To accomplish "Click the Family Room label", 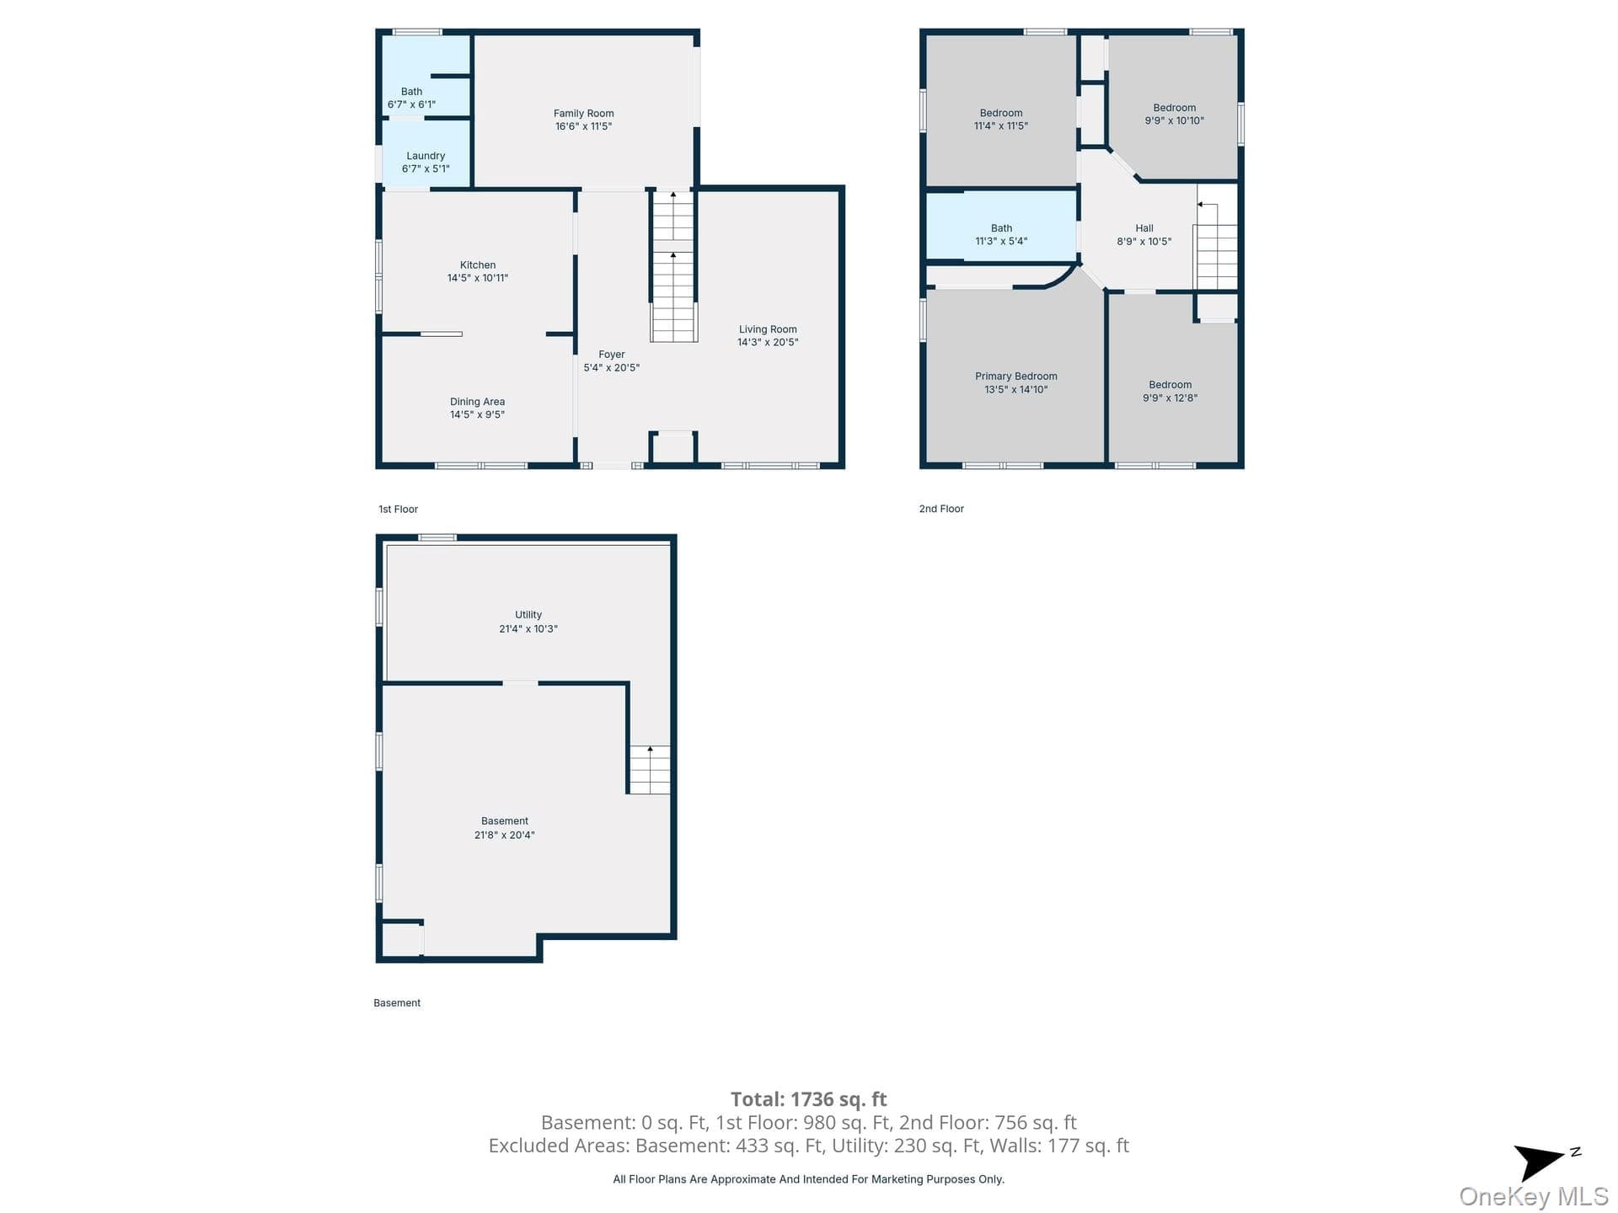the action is point(583,114).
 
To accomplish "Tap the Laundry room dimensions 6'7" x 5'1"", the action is point(426,169).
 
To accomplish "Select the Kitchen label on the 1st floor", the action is point(478,265).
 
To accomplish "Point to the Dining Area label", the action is point(477,402).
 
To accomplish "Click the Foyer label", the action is point(612,355).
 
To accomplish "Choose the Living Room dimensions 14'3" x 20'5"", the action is point(768,343).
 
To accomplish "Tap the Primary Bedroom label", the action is point(1016,377).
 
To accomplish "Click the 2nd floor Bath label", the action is point(1001,228).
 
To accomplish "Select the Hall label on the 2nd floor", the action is point(1144,228).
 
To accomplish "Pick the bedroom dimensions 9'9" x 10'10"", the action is point(1175,121).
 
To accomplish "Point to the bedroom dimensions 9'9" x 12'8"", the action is point(1170,398).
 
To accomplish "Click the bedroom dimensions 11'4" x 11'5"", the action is point(1001,126).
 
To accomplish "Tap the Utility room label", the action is point(528,615).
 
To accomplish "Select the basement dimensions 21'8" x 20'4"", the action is point(505,836).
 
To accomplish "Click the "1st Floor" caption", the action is point(398,510).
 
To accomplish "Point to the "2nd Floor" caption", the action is point(941,509).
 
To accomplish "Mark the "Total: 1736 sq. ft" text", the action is point(808,1099).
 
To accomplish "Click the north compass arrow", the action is point(1539,1162).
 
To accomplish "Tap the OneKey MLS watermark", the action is point(1534,1196).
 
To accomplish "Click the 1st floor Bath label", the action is point(411,92).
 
